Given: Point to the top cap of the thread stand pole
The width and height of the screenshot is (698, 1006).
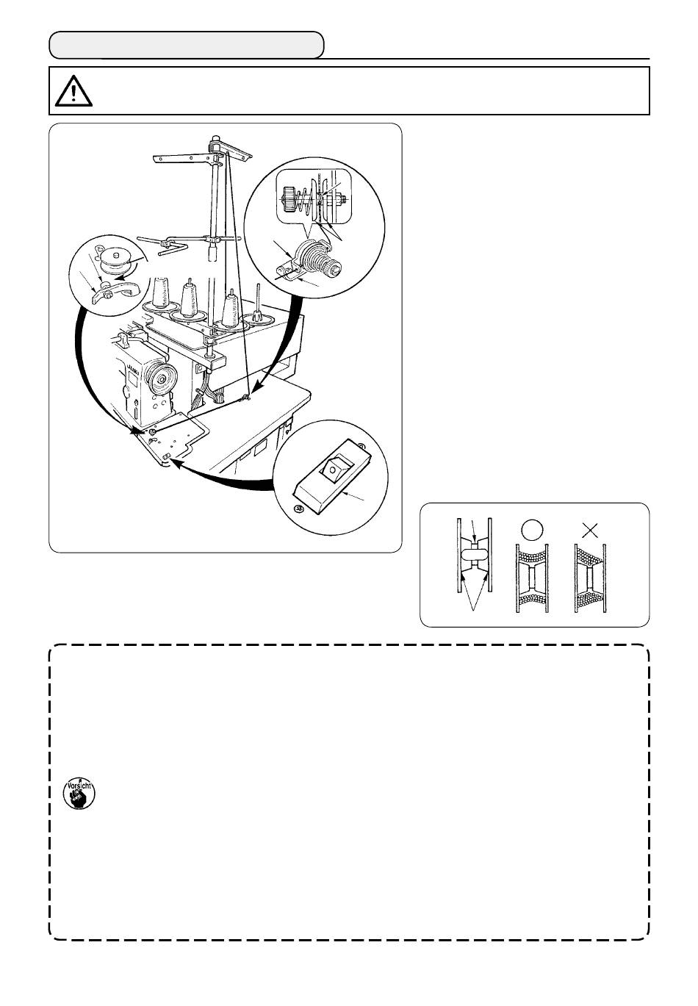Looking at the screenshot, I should (215, 139).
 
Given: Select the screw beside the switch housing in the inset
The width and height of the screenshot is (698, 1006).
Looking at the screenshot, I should (298, 509).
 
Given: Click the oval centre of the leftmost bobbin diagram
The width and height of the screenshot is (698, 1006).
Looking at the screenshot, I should (474, 556).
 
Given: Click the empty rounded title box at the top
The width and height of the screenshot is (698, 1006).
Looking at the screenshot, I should (187, 45).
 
